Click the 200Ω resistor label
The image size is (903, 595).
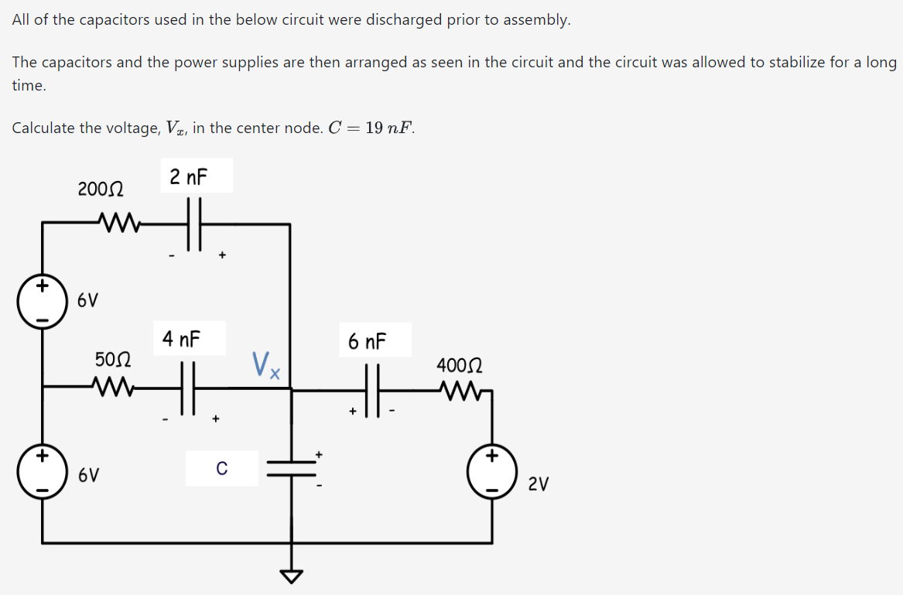(x=104, y=188)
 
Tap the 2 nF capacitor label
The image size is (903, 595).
(x=190, y=177)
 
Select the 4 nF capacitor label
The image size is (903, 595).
(x=181, y=339)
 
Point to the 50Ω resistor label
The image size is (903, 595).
(x=113, y=359)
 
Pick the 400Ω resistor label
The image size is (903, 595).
(x=460, y=364)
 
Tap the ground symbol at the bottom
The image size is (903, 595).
(x=292, y=576)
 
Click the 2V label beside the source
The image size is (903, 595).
(x=539, y=484)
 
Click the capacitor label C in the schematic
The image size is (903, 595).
(x=221, y=468)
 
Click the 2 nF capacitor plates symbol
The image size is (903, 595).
(x=194, y=224)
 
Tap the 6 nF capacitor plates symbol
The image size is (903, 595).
(x=374, y=391)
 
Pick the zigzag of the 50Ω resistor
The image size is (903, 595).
(x=111, y=384)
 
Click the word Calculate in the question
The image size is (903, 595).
(x=44, y=128)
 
